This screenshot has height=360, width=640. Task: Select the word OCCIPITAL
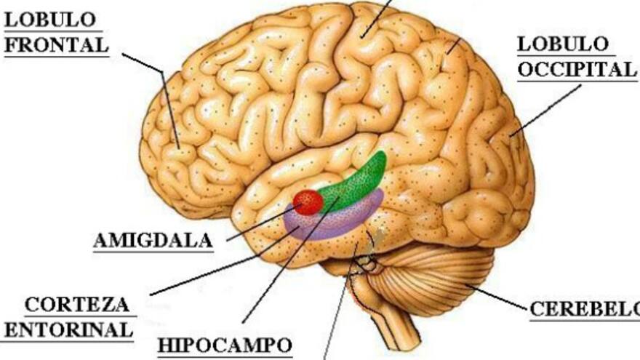[x=576, y=71]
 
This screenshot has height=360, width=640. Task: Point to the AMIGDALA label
[x=153, y=241]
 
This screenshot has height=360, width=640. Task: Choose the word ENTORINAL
[x=68, y=329]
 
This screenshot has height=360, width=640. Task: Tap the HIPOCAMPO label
[x=225, y=344]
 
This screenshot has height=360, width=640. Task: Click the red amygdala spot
[x=308, y=201]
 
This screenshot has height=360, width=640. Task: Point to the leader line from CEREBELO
[x=502, y=298]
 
